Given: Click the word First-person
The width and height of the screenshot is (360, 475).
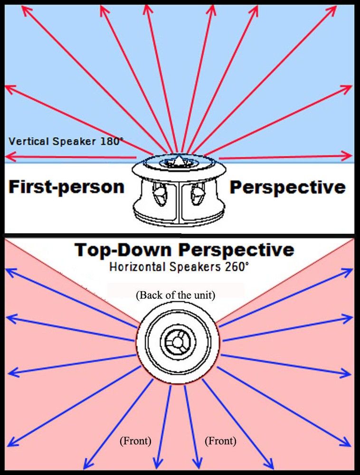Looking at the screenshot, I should coord(66,187).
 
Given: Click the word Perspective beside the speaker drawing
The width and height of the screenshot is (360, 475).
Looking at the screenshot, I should coord(288,187).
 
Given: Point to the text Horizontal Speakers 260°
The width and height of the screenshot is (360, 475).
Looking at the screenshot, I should coord(179,266).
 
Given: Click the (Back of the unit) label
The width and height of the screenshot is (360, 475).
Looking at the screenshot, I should coord(176,295).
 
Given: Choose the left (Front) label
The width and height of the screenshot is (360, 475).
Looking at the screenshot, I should coord(135,441).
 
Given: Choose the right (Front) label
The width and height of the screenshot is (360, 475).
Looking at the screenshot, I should coord(220,441).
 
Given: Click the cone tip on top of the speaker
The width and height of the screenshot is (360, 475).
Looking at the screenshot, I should coord(179,159).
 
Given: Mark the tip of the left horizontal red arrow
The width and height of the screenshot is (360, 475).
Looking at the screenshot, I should coord(7,156).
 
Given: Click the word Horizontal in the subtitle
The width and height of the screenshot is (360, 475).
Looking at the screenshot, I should coord(131,266).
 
